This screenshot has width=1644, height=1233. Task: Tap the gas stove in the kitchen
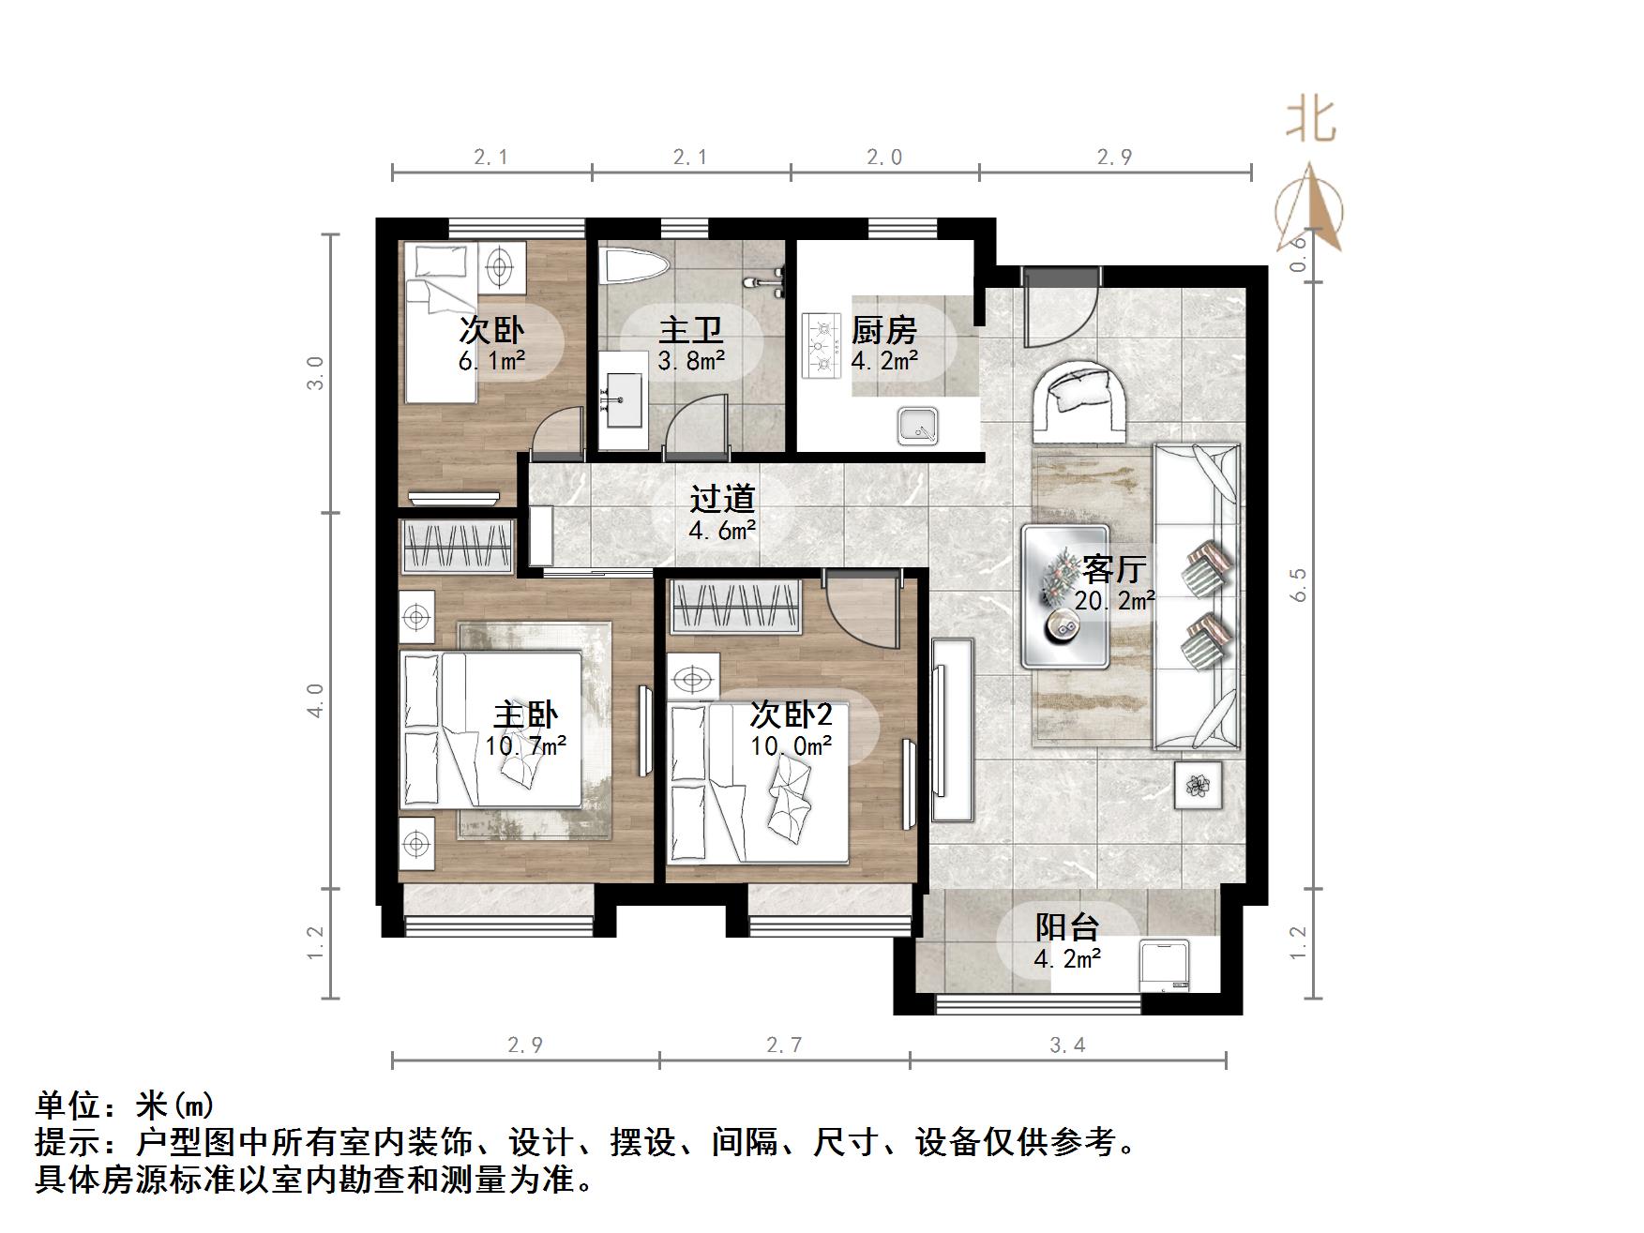pos(822,345)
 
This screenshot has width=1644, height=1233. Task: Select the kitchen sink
pos(917,426)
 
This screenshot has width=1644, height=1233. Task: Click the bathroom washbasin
pos(621,398)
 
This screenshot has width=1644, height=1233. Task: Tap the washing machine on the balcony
pos(1164,967)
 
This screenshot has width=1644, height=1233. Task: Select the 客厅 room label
pos(1114,568)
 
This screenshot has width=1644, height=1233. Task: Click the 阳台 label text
pos(1067,926)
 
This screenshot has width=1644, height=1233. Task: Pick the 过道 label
pos(722,499)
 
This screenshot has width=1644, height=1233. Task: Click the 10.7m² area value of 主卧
pos(526,746)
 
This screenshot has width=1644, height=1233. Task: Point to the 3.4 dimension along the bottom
pos(1067,1045)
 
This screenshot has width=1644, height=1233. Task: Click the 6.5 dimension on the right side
pos(1298,585)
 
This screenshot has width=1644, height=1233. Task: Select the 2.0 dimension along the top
pos(884,157)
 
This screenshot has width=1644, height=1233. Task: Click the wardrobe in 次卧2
pos(735,606)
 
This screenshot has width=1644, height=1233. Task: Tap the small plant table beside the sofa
pos(1199,785)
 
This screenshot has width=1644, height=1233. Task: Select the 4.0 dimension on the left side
pos(316,700)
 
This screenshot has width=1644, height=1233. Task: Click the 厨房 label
pos(883,330)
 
